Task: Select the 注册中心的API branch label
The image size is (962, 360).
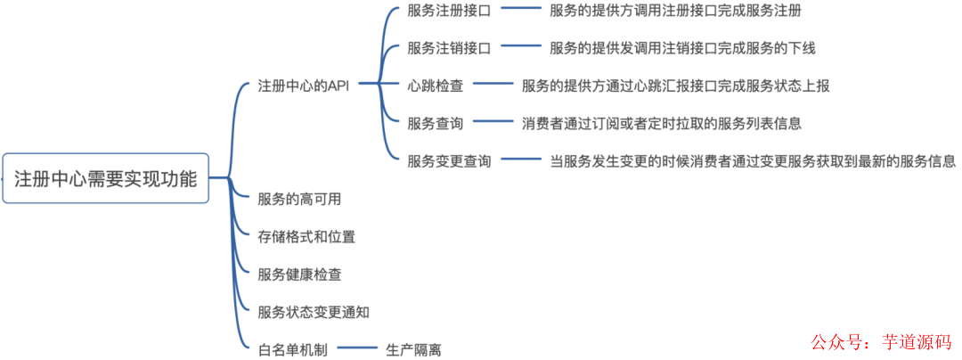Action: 304,86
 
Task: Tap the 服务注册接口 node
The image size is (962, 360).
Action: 449,10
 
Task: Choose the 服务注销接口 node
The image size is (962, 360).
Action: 449,48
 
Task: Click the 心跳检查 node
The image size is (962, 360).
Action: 436,86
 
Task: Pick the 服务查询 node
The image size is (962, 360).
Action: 436,123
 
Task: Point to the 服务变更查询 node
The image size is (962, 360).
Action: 449,161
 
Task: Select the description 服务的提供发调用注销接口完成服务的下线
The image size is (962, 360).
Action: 682,48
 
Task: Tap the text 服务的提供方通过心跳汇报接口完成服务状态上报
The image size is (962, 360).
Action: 676,86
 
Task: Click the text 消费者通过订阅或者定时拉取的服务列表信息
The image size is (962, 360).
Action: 662,123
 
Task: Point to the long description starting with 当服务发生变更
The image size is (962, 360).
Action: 753,161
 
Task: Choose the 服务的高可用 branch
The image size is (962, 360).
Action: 299,199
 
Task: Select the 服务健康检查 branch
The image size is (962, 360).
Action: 299,274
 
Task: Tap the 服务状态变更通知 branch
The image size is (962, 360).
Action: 314,312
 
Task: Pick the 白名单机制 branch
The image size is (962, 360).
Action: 292,350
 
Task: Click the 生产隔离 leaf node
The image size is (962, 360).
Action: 413,350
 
